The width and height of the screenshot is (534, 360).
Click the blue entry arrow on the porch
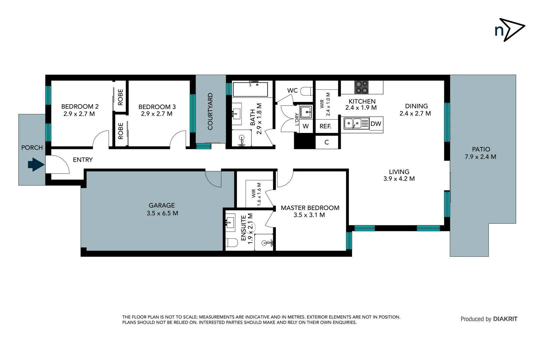(x=36, y=164)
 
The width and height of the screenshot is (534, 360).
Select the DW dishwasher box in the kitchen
(x=376, y=124)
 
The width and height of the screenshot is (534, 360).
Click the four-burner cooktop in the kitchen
(x=361, y=87)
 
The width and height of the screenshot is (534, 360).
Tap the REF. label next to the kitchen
(x=325, y=126)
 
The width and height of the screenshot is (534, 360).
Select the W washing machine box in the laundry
(x=305, y=126)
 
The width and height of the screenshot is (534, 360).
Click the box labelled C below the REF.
(x=326, y=142)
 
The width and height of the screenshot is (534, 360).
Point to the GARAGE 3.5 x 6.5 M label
(x=162, y=209)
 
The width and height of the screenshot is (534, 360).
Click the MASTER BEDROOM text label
(x=310, y=208)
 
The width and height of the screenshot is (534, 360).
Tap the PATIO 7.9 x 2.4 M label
(x=480, y=153)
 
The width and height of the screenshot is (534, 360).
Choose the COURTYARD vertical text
(x=210, y=111)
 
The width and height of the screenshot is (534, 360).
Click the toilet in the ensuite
(x=232, y=243)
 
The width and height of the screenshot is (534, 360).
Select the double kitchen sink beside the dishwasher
(x=352, y=124)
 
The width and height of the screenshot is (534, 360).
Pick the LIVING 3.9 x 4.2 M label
(x=399, y=175)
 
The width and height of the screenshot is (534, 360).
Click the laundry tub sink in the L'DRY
(x=305, y=112)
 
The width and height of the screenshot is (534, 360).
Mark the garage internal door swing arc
(x=213, y=179)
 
